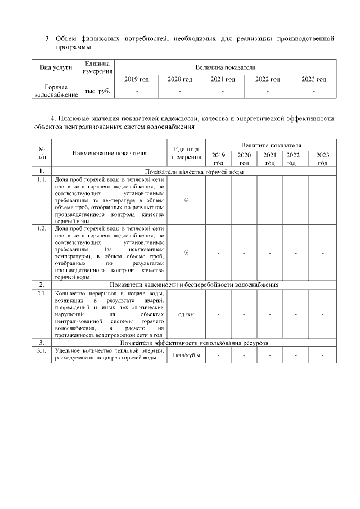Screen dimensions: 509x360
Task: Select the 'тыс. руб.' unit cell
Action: (x=96, y=91)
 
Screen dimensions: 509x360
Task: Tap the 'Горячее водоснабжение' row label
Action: (x=56, y=91)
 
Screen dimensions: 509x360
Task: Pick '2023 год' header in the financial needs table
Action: (x=314, y=79)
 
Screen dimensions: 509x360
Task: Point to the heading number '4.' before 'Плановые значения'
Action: (x=53, y=119)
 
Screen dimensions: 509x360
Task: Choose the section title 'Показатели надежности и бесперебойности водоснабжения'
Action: (x=194, y=285)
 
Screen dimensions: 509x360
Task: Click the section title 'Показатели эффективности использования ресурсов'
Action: (x=194, y=343)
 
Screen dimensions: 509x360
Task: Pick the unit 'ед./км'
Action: (x=186, y=314)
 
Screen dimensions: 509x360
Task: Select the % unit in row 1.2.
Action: (x=186, y=253)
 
